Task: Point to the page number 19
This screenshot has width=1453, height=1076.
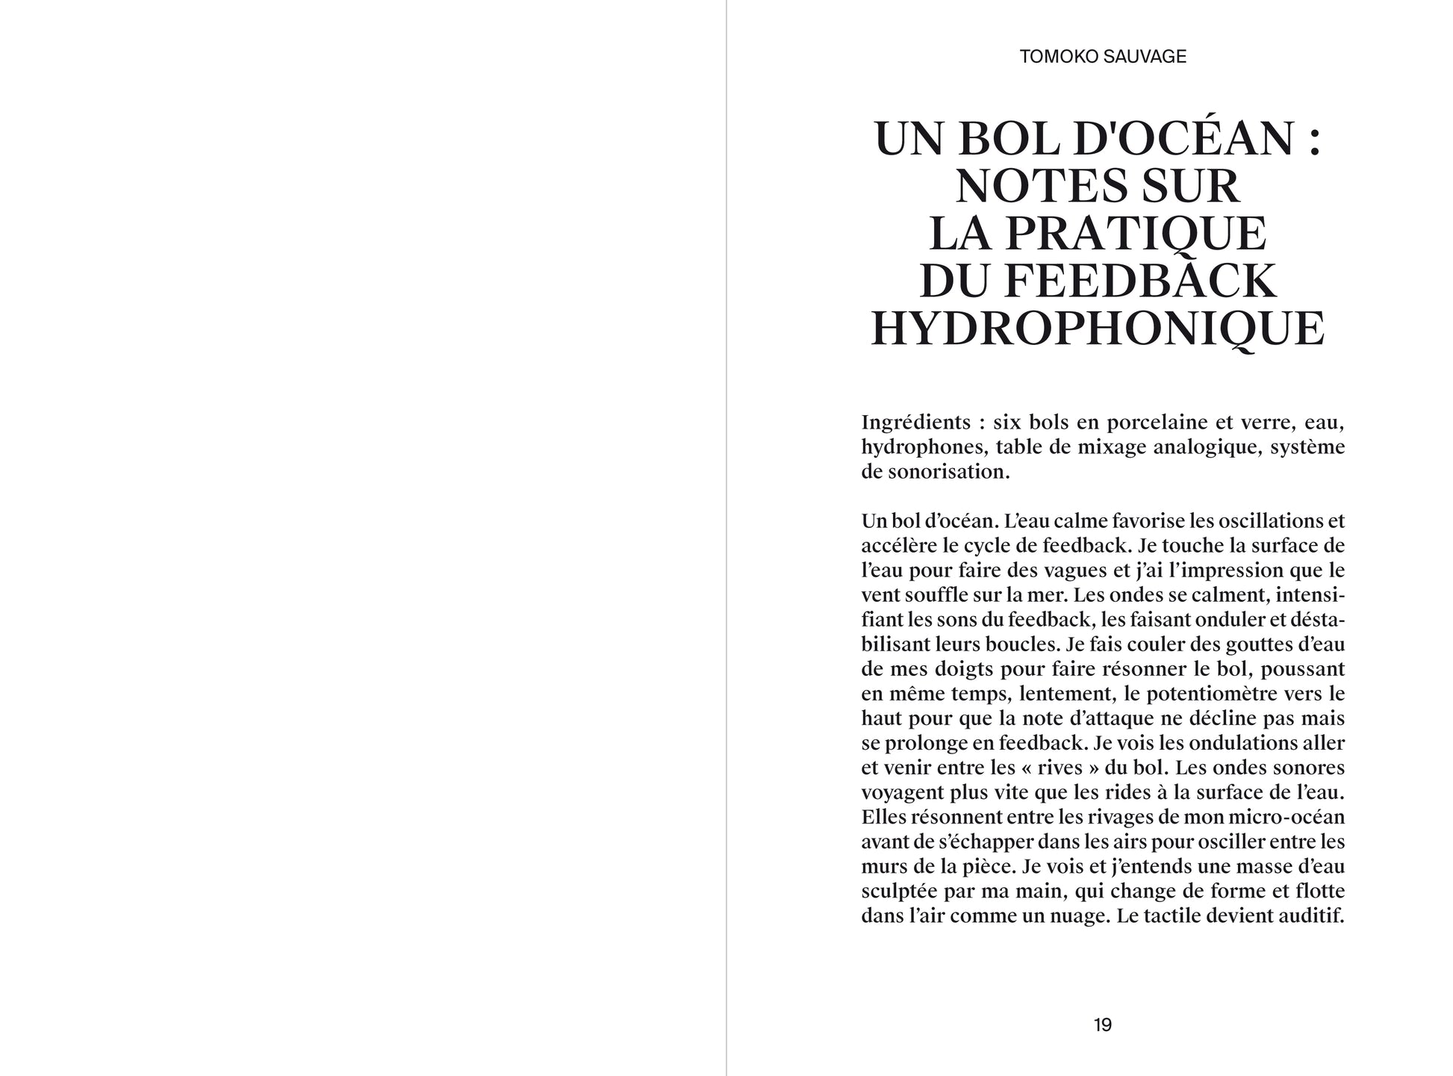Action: tap(1102, 1025)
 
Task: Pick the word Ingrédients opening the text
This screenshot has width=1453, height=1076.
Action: tap(915, 423)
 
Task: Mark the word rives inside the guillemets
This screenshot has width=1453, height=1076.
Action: tap(962, 768)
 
